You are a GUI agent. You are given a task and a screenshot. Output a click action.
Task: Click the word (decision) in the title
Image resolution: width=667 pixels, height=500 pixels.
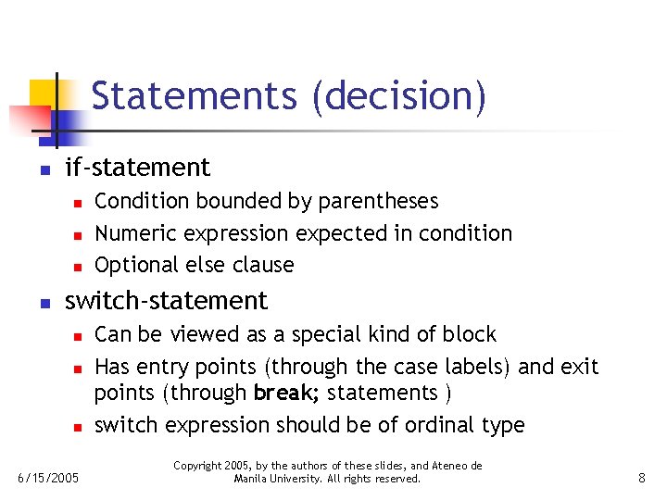point(399,96)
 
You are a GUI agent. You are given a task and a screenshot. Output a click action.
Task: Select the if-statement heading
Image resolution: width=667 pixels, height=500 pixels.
point(137,168)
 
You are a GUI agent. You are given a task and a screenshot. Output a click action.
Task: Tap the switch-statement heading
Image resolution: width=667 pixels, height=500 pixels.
point(166,301)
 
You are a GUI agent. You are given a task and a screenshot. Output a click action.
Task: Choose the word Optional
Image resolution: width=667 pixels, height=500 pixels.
point(136,265)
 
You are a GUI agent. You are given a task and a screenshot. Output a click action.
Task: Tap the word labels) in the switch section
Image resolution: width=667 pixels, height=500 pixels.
point(479,367)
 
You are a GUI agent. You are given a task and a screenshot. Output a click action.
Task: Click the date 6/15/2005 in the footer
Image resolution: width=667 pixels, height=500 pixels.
point(49,478)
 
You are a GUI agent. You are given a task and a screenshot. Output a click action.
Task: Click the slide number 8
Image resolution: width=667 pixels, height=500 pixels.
point(641,478)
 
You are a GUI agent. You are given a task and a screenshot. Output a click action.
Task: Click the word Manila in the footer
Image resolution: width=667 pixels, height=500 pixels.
point(251,479)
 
